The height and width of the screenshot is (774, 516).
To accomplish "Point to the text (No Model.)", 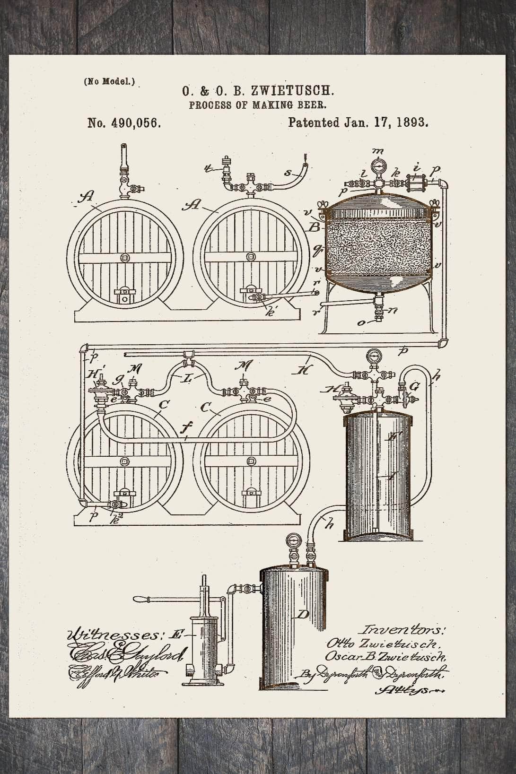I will point(109,81).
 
